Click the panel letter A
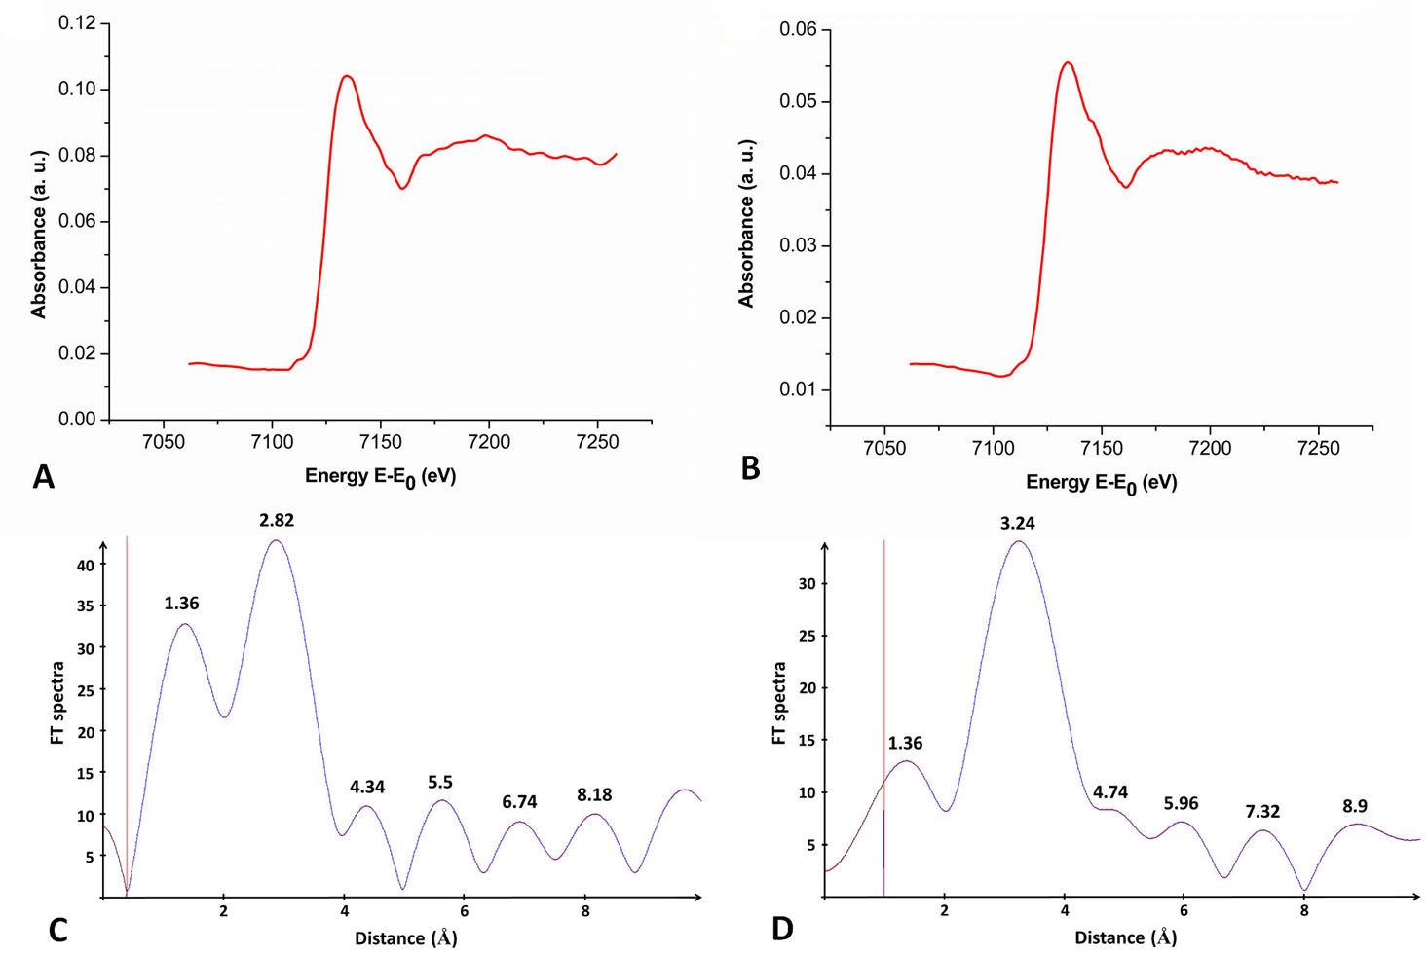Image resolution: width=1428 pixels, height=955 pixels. click(x=43, y=477)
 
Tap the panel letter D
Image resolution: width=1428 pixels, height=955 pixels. click(x=782, y=929)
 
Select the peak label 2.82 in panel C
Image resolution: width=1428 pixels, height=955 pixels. click(x=277, y=521)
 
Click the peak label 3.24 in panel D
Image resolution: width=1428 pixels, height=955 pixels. click(x=1017, y=524)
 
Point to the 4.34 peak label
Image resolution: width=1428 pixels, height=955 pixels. click(x=367, y=787)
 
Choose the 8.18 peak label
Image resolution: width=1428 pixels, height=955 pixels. click(x=594, y=795)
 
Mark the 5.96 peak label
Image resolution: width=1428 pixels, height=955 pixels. click(x=1181, y=804)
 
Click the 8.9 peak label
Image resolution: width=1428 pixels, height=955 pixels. click(x=1354, y=806)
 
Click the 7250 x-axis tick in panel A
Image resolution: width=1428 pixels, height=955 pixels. click(x=597, y=442)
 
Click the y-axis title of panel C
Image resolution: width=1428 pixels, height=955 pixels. click(x=57, y=703)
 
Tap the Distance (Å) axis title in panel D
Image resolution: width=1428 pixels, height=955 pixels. click(x=1125, y=937)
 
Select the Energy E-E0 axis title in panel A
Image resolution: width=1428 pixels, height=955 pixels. click(x=380, y=477)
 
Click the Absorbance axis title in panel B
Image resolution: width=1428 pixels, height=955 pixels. click(x=747, y=224)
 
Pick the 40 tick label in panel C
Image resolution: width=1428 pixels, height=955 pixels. click(x=86, y=566)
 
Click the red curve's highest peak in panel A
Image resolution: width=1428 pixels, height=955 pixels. click(x=346, y=76)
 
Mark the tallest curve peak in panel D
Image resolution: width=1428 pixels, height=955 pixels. click(x=1018, y=541)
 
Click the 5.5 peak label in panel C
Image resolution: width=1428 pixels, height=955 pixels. click(x=440, y=783)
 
